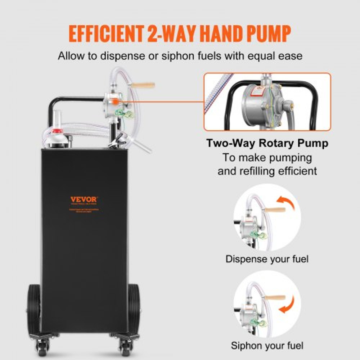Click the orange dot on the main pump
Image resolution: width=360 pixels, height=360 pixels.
113,102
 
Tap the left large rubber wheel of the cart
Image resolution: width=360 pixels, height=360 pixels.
34,308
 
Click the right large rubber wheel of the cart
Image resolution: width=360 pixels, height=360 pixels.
134,308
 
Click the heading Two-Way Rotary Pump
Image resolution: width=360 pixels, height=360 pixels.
267,143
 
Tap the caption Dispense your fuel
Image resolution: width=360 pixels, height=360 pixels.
267,258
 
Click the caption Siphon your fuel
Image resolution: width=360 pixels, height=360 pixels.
267,346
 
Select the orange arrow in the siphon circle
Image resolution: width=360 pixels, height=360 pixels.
287,303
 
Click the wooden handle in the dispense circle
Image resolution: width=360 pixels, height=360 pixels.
275,210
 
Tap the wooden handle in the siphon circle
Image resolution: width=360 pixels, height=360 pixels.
275,298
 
